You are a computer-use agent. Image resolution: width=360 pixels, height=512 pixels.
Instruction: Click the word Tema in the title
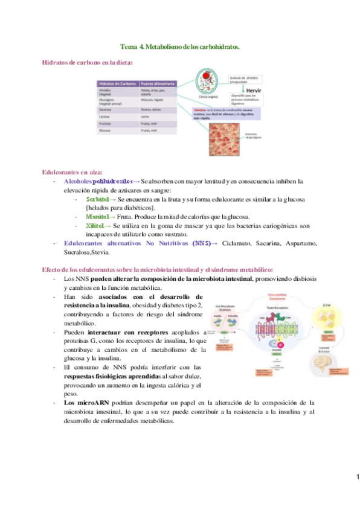click(129, 46)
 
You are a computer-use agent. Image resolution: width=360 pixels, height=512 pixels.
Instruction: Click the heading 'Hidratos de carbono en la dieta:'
click(88, 62)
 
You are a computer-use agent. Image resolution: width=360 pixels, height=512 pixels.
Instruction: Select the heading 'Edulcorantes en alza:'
click(72, 172)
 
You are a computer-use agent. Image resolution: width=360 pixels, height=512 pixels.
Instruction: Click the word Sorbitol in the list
click(97, 199)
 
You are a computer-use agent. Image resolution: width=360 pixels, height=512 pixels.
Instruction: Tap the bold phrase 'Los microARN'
click(84, 402)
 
